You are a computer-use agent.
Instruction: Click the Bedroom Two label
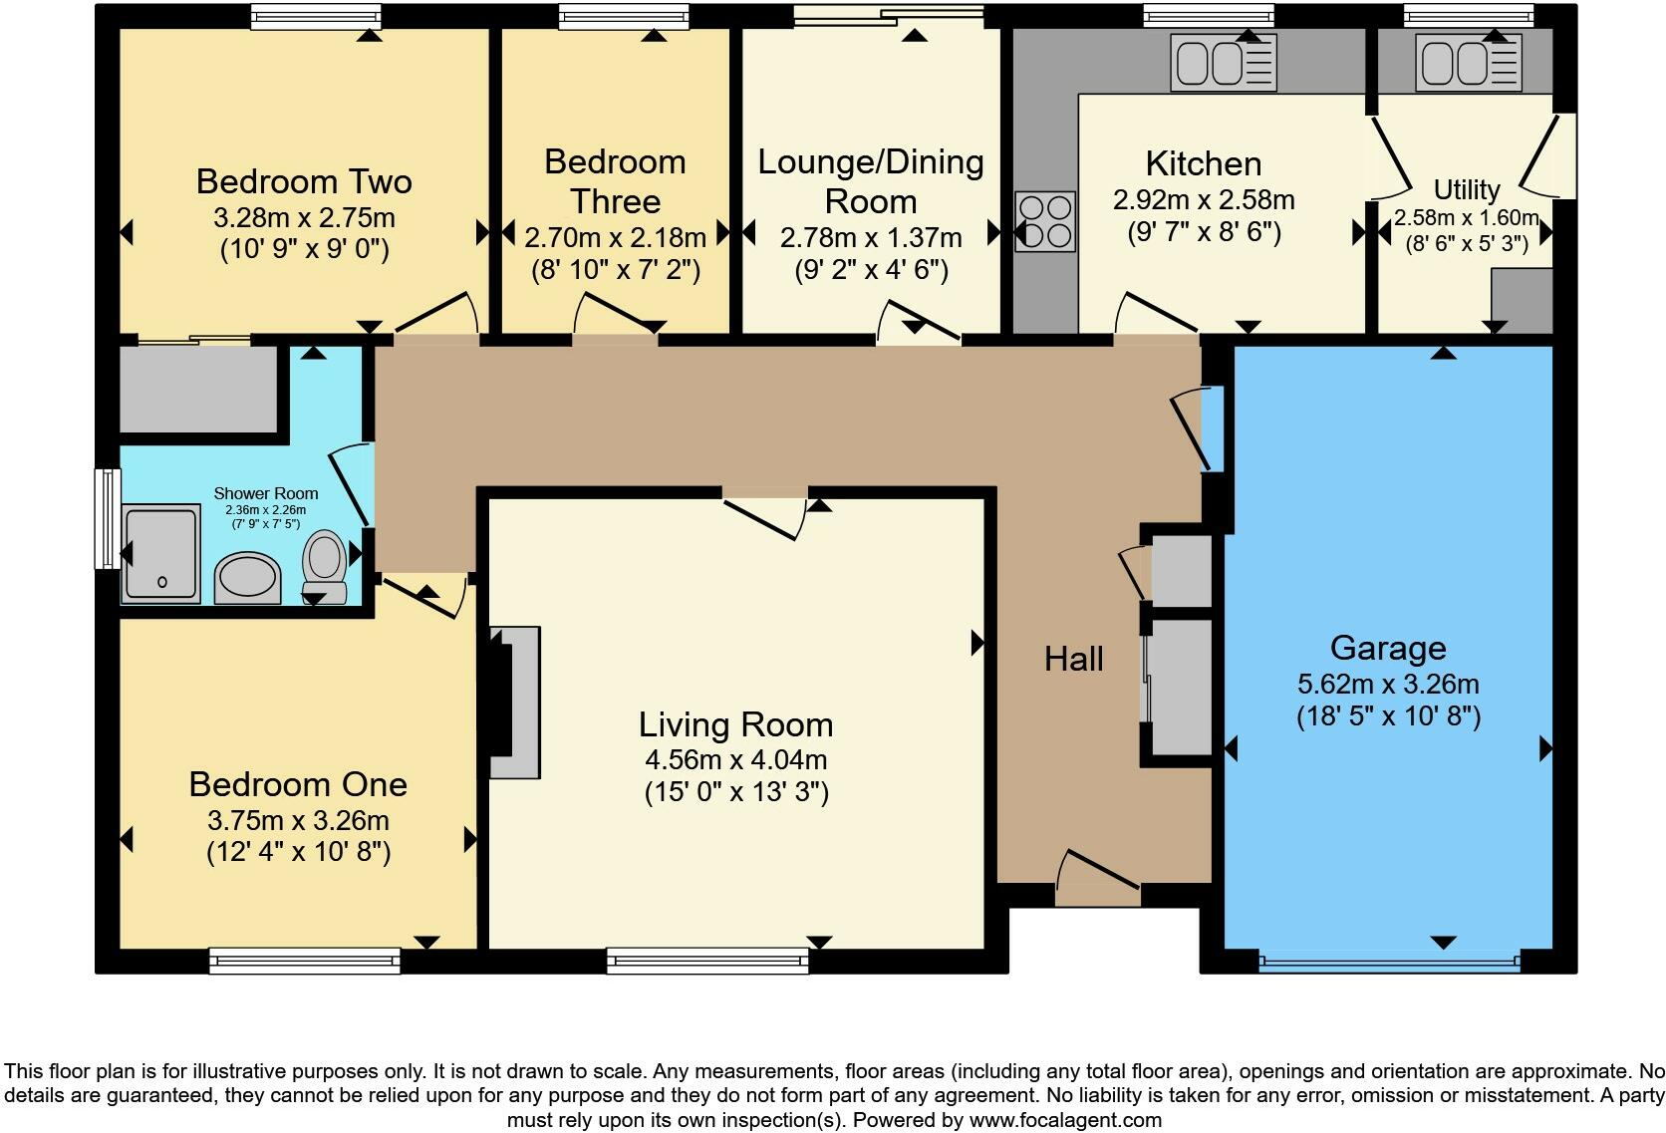(304, 182)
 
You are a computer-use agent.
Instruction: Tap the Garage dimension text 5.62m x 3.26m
(1387, 685)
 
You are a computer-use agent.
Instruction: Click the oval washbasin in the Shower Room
(247, 578)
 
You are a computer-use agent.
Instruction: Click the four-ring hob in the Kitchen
(1045, 221)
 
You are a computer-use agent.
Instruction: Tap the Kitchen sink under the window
(1223, 63)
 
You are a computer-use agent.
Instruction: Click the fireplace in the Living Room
(515, 702)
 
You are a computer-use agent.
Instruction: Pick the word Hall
(1073, 659)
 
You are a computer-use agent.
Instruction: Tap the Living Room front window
(707, 961)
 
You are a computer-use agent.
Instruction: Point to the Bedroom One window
(304, 961)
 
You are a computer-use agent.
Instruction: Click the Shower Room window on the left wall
(107, 518)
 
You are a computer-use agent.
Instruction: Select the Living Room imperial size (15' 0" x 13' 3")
(735, 792)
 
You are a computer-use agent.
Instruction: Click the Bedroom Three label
(615, 181)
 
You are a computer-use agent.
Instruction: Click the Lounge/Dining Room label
(870, 181)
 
